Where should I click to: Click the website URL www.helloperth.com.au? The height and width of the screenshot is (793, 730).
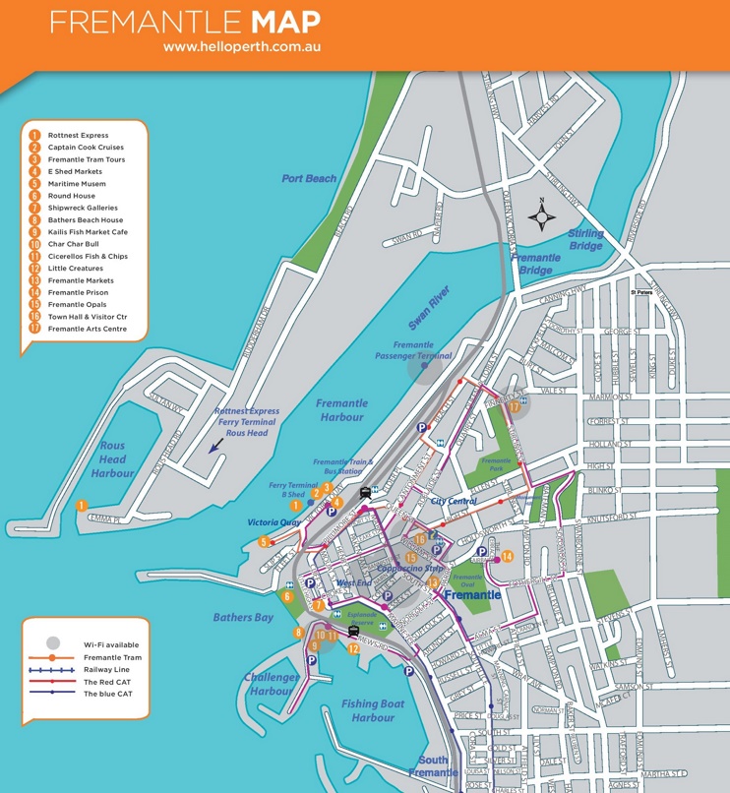pyautogui.click(x=242, y=46)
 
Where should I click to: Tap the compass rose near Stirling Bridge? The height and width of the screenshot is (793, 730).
pyautogui.click(x=540, y=214)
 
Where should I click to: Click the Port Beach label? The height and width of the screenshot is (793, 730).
pyautogui.click(x=308, y=179)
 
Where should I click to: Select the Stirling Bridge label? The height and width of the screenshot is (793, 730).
pyautogui.click(x=584, y=239)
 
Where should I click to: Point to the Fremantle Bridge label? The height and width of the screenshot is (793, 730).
pyautogui.click(x=536, y=264)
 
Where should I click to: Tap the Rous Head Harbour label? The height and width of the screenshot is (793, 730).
pyautogui.click(x=112, y=459)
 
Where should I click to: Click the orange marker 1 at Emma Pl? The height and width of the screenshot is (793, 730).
pyautogui.click(x=81, y=506)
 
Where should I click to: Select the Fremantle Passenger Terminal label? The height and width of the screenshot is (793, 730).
pyautogui.click(x=422, y=350)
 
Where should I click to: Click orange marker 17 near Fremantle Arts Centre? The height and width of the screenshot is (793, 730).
pyautogui.click(x=515, y=406)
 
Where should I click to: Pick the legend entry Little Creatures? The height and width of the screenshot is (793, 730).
pyautogui.click(x=75, y=269)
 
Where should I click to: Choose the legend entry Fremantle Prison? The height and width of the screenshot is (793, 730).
pyautogui.click(x=78, y=292)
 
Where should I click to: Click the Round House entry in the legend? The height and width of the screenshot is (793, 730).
pyautogui.click(x=71, y=196)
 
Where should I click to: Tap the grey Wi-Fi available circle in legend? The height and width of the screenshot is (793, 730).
pyautogui.click(x=53, y=643)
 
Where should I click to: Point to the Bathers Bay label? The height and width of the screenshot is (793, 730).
pyautogui.click(x=243, y=618)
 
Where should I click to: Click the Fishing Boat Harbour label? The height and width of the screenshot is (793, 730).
pyautogui.click(x=373, y=710)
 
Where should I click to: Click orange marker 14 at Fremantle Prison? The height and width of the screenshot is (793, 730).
pyautogui.click(x=507, y=557)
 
